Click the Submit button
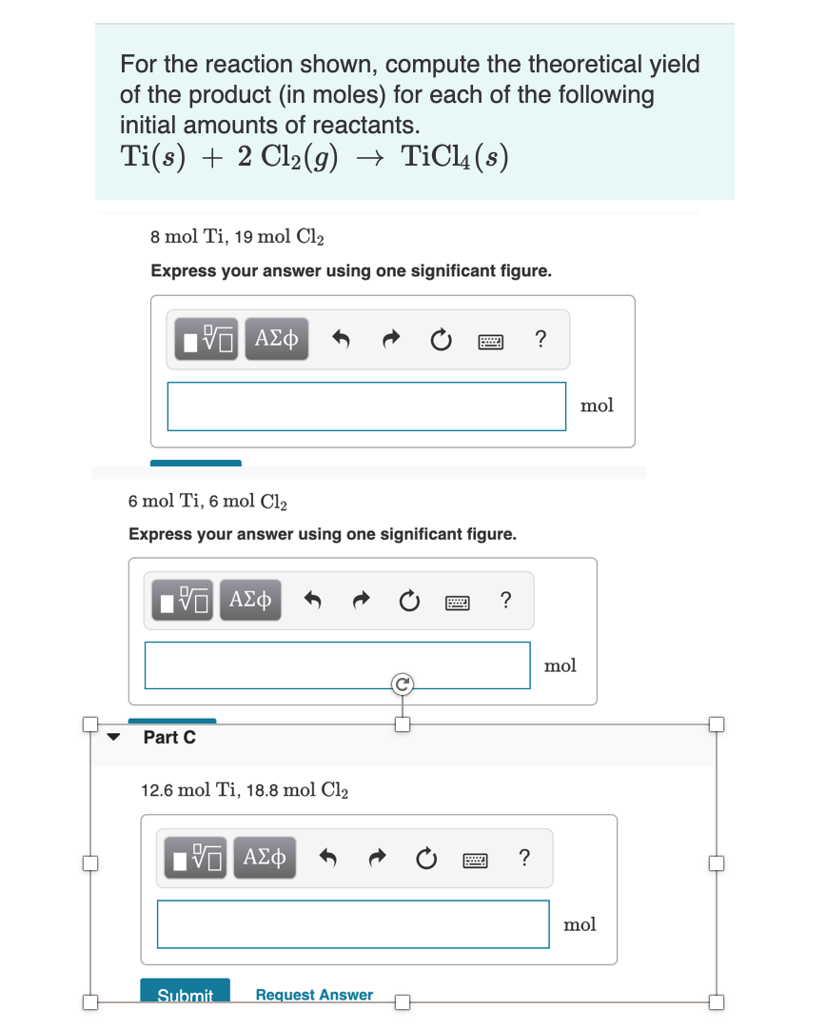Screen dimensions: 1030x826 tap(185, 993)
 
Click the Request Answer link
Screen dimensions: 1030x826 tap(314, 995)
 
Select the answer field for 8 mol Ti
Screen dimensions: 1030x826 tap(366, 406)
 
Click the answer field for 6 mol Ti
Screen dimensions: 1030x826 tap(337, 664)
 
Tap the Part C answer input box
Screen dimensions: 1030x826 tap(353, 923)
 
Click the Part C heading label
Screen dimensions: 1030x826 tap(169, 737)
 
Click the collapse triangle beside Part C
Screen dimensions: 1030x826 tap(115, 737)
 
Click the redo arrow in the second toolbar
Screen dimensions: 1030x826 tap(362, 601)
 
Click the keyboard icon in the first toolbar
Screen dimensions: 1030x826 tap(491, 340)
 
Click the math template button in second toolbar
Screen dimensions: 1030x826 tap(181, 601)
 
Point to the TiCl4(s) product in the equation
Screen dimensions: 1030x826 tap(454, 156)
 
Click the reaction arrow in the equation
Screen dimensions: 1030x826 tap(367, 157)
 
